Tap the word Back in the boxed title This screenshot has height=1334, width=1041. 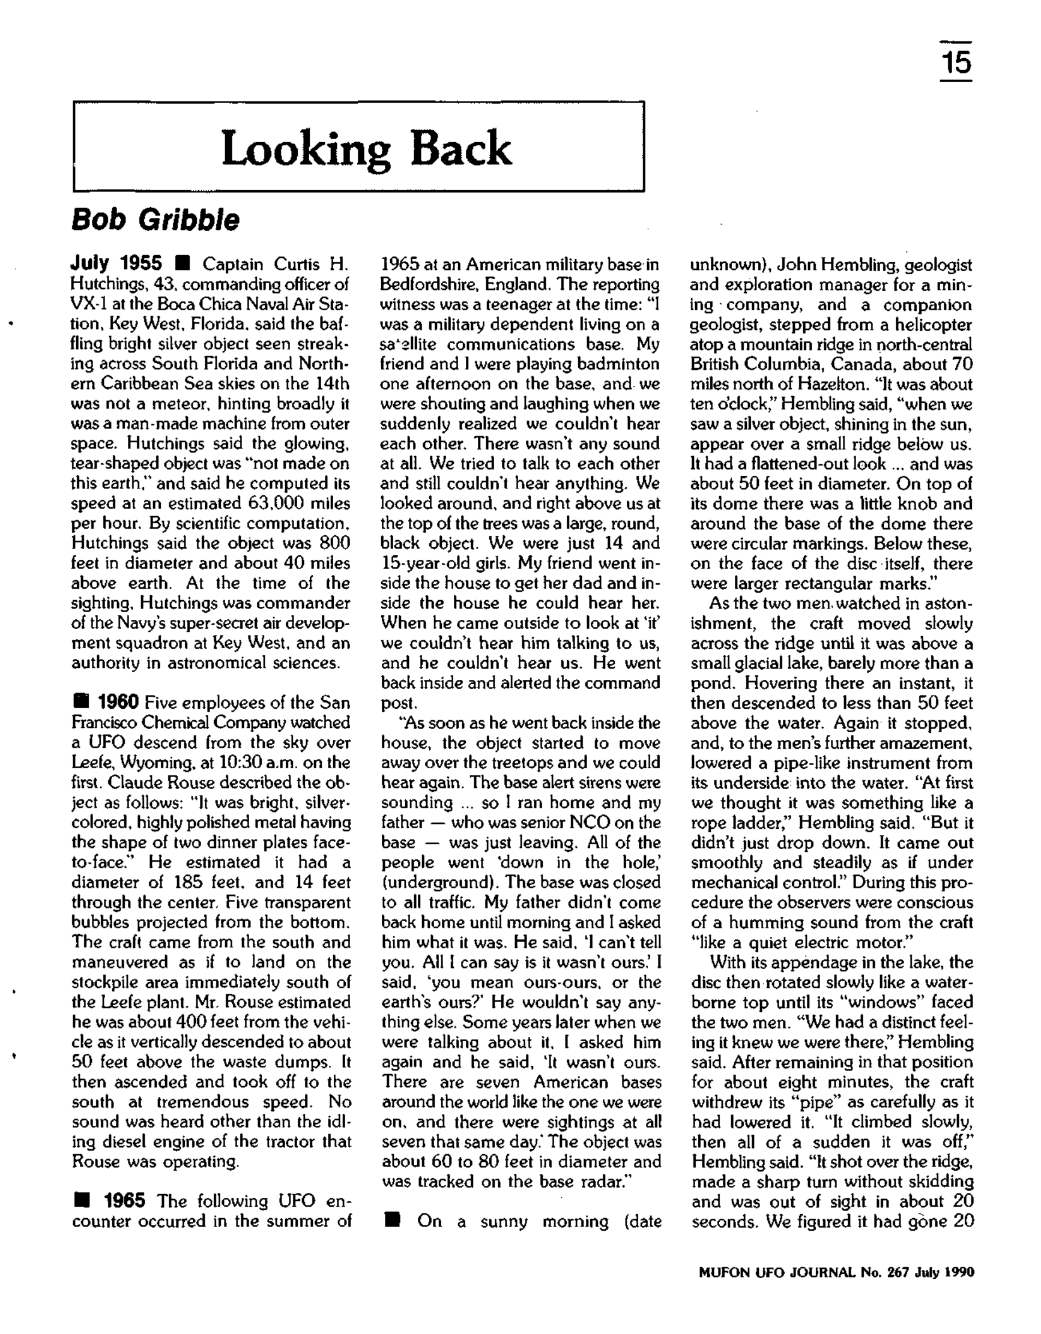click(x=460, y=148)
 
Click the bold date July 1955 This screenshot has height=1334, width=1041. click(x=116, y=264)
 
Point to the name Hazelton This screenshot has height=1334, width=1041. click(x=807, y=384)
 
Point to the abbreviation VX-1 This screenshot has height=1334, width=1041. click(x=88, y=304)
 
